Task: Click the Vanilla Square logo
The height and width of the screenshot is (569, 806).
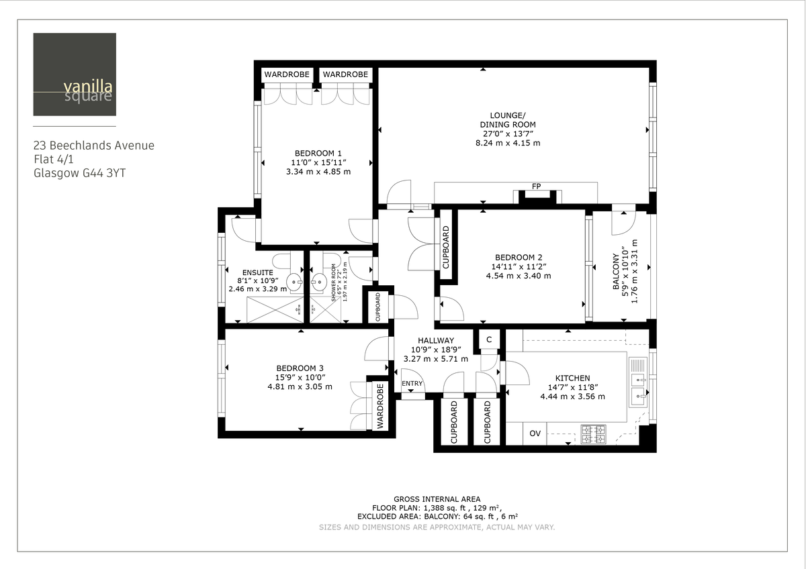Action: click(75, 74)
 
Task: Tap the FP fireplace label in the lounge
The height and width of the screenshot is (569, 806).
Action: click(536, 185)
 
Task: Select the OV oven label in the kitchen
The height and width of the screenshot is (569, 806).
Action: click(535, 433)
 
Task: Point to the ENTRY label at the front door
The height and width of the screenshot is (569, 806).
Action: click(412, 384)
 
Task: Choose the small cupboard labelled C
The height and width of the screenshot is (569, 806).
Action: click(489, 340)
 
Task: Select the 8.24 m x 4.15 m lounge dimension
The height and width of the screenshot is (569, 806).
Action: click(508, 143)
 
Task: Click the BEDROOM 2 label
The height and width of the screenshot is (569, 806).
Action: click(518, 257)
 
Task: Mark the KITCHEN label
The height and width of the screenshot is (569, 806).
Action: click(572, 378)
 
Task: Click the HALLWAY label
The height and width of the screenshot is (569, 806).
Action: click(435, 340)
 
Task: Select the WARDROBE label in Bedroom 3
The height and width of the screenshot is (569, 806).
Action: click(379, 406)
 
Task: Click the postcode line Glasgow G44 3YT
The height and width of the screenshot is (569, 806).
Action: click(79, 173)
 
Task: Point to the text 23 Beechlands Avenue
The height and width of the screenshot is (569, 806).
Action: click(94, 146)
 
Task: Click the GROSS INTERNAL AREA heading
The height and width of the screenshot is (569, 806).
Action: click(437, 499)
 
